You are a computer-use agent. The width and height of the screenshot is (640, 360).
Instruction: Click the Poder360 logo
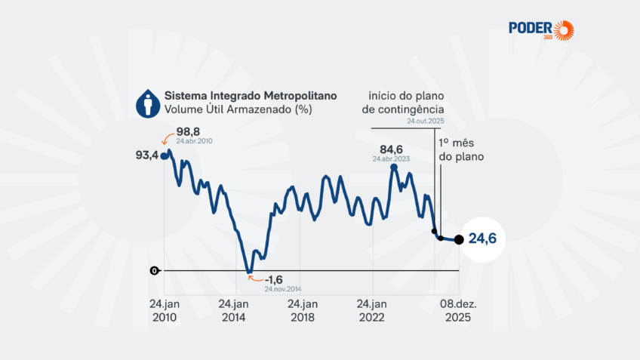pyautogui.click(x=540, y=29)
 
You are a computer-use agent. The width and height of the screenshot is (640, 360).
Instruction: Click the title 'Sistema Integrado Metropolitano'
pyautogui.click(x=251, y=97)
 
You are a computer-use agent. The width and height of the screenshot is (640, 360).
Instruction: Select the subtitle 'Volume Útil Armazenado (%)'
pyautogui.click(x=228, y=109)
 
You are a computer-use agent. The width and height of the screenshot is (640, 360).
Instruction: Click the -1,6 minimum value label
pyautogui.click(x=273, y=279)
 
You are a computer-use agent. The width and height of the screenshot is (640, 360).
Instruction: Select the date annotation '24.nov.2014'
pyautogui.click(x=282, y=289)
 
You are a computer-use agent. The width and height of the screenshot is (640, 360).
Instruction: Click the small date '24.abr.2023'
pyautogui.click(x=392, y=158)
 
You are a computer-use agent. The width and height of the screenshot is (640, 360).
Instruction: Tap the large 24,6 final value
pyautogui.click(x=485, y=239)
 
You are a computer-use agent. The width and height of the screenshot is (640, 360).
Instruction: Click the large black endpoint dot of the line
pyautogui.click(x=459, y=240)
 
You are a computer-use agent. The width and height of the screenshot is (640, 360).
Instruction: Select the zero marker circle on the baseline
pyautogui.click(x=155, y=270)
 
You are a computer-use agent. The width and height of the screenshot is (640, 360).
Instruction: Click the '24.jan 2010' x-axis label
pyautogui.click(x=164, y=311)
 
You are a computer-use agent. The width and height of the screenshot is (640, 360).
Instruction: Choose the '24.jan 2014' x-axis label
pyautogui.click(x=233, y=311)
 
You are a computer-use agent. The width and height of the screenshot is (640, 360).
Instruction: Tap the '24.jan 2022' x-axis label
pyautogui.click(x=372, y=311)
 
